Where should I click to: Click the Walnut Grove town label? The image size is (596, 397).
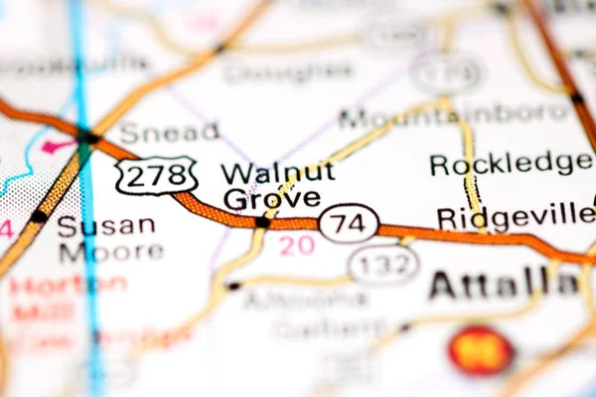point(277,186)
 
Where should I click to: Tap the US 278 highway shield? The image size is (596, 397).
point(155,177)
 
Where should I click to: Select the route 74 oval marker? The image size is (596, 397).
point(349,223)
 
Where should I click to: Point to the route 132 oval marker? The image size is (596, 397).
point(382,265)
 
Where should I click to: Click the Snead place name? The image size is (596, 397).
point(169,132)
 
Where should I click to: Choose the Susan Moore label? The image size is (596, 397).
point(108,238)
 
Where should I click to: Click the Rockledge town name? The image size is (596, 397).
point(511,164)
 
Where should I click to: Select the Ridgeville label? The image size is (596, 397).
point(515,216)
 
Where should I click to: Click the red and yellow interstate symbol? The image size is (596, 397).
point(480,350)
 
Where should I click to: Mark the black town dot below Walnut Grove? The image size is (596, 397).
point(261,222)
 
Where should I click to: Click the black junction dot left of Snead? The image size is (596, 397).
point(89,138)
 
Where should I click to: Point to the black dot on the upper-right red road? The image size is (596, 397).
point(576,97)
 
